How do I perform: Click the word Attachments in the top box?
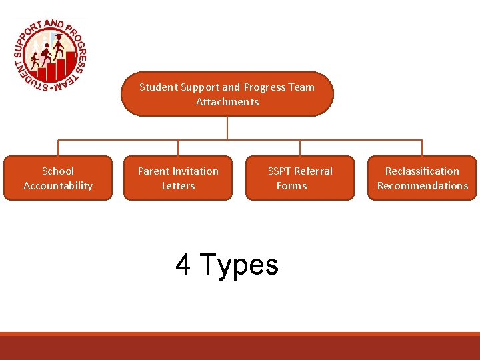tap(227, 102)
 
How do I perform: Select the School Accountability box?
tap(58, 178)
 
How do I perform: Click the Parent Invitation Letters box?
tap(178, 178)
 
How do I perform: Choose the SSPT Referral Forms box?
tap(300, 178)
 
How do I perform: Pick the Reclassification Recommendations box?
tap(422, 178)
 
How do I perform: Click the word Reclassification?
tap(422, 171)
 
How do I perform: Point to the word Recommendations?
tap(423, 186)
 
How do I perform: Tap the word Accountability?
tap(58, 186)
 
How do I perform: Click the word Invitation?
tap(195, 171)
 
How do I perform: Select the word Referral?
tap(314, 171)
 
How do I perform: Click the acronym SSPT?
tap(280, 171)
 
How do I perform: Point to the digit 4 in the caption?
tap(183, 265)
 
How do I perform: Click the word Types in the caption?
tap(239, 265)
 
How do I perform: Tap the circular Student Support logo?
tap(50, 55)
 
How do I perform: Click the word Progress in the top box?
tap(263, 87)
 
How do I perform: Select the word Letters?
tap(178, 186)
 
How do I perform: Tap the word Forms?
tap(292, 186)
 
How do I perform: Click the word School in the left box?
tap(58, 171)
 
